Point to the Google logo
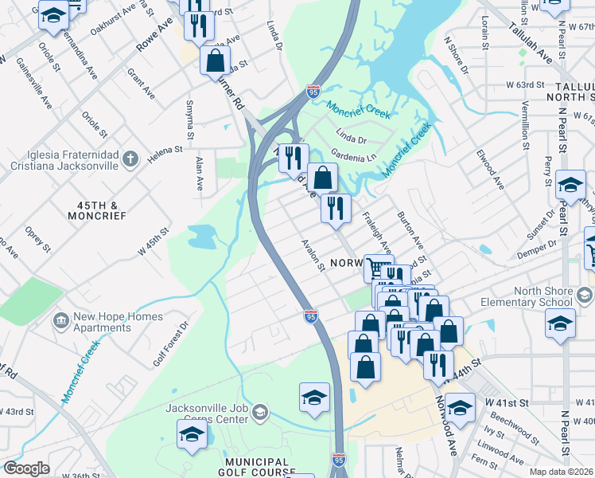click(26, 468)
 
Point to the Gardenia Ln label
click(353, 155)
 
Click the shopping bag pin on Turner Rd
click(215, 60)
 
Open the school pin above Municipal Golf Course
click(192, 434)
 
